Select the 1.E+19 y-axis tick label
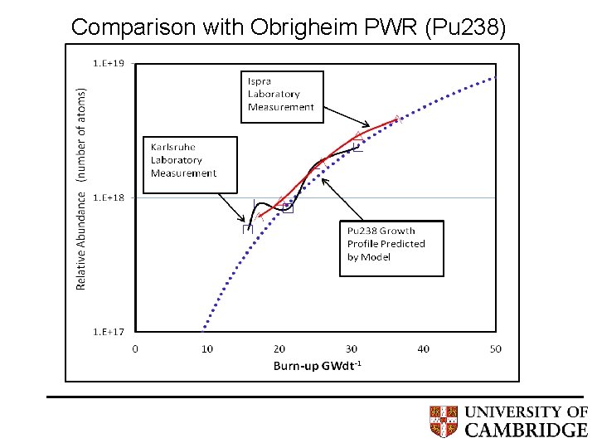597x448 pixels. (x=108, y=63)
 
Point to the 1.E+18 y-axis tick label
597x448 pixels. (x=108, y=197)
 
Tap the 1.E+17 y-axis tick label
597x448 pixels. (x=108, y=332)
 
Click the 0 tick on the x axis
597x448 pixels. (x=135, y=348)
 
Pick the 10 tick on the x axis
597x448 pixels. (x=207, y=348)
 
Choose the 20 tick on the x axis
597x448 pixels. (x=279, y=348)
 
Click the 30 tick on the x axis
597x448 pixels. (x=352, y=348)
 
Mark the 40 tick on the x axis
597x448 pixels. (x=424, y=348)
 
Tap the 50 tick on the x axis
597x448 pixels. (x=496, y=348)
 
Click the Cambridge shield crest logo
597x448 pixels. (x=444, y=421)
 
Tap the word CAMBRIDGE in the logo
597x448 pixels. (x=526, y=430)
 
